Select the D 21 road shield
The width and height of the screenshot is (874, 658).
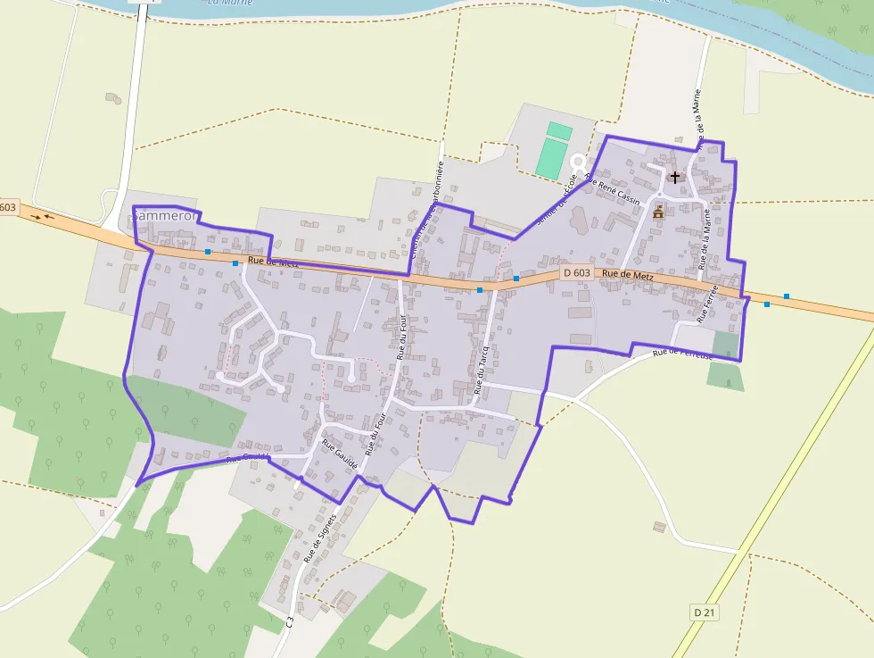click(704, 612)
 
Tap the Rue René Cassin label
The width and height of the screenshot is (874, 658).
click(614, 189)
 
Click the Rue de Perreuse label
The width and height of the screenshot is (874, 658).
click(682, 354)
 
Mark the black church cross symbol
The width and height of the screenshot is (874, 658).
click(675, 177)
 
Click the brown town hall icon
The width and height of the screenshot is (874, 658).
click(659, 212)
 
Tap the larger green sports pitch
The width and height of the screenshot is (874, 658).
click(551, 158)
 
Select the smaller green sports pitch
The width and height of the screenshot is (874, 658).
click(559, 130)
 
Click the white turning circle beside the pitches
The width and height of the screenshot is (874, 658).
click(579, 164)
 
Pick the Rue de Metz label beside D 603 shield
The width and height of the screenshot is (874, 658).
click(628, 277)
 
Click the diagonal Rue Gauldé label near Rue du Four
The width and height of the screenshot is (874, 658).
click(340, 455)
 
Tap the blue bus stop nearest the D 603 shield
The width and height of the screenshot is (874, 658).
click(516, 279)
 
